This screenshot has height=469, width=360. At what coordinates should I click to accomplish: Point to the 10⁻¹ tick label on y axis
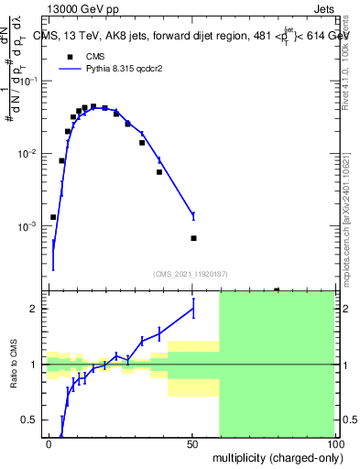(30, 82)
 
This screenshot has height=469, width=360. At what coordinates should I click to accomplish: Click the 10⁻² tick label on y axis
(30, 154)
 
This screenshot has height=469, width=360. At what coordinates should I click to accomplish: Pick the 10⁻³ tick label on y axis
(30, 226)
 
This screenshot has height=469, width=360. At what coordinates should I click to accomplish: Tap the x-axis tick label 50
(192, 443)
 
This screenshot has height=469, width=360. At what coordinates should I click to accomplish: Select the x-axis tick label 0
(49, 443)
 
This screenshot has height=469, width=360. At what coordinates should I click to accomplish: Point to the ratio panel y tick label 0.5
(30, 420)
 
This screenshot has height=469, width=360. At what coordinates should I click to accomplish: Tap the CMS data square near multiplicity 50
(193, 238)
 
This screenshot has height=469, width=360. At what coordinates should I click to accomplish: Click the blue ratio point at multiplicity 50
(193, 309)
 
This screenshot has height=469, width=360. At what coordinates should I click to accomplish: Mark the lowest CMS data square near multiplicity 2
(53, 217)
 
